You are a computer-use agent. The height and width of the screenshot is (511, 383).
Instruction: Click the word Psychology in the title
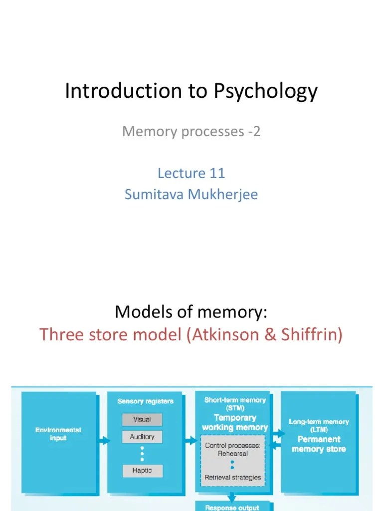click(x=266, y=91)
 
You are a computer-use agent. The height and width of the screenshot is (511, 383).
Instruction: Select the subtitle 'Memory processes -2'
click(x=191, y=132)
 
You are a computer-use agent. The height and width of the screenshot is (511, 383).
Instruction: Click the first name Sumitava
click(x=155, y=194)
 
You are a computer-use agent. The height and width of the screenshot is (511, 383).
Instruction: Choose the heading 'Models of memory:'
click(x=191, y=312)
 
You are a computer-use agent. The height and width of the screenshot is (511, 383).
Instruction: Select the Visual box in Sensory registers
click(x=142, y=420)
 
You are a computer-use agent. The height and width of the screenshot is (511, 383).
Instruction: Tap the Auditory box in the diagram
click(x=142, y=437)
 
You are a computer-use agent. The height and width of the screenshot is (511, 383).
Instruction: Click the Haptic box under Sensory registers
click(x=142, y=470)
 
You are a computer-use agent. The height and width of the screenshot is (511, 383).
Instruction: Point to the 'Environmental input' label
click(x=58, y=434)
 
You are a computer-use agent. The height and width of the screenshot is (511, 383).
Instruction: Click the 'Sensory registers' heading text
click(x=145, y=401)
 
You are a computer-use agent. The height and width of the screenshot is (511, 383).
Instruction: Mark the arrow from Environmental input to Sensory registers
click(x=103, y=441)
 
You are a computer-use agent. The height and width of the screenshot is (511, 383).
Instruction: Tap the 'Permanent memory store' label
click(x=318, y=444)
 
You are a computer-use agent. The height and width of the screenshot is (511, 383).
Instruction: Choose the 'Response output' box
click(x=232, y=507)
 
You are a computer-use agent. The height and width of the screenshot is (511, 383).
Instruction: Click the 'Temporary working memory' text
click(x=234, y=423)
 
